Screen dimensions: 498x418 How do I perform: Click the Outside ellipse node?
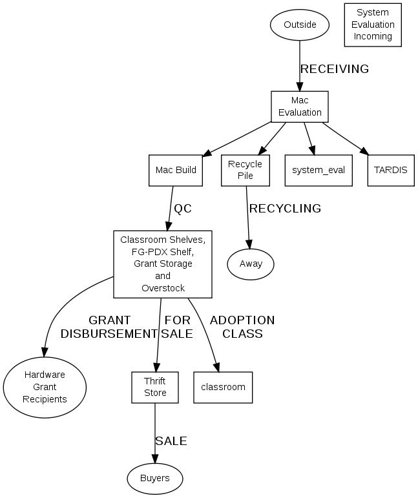click(x=300, y=25)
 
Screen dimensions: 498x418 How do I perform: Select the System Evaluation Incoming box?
click(x=373, y=25)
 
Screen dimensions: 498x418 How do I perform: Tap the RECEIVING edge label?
click(x=334, y=69)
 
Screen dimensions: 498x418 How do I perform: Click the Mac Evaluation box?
click(x=300, y=107)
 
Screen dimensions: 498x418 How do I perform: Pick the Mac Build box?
click(x=176, y=171)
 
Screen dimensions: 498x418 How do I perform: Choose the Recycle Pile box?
click(x=245, y=171)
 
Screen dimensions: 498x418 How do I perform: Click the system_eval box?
click(x=319, y=171)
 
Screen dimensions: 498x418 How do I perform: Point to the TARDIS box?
click(x=391, y=171)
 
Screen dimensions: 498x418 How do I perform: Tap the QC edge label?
click(x=183, y=209)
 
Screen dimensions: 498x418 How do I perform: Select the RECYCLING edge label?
click(x=285, y=209)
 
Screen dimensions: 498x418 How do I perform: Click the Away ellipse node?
click(x=251, y=264)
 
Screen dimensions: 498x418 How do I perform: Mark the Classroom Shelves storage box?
click(x=163, y=264)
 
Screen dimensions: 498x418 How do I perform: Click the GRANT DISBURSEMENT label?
click(x=109, y=327)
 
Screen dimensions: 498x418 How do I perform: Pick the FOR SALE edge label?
click(x=178, y=327)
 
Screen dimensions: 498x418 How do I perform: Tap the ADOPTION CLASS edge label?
click(x=242, y=327)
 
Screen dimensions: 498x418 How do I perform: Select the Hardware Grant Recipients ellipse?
click(x=45, y=387)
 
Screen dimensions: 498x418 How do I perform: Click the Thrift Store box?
click(x=155, y=387)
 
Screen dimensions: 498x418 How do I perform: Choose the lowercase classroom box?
click(x=223, y=387)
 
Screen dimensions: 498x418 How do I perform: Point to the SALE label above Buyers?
click(x=171, y=441)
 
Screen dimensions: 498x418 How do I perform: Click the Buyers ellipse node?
click(x=155, y=478)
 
